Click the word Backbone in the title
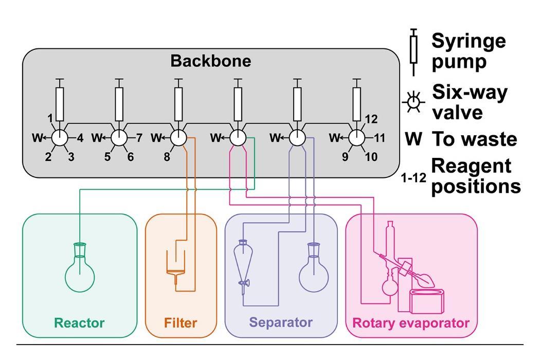[x=211, y=61]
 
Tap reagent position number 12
[x=372, y=119]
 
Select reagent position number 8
[x=167, y=157]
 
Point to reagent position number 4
[x=80, y=138]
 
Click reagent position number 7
[x=139, y=138]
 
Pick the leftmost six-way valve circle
[x=60, y=138]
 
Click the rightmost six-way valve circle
[x=356, y=138]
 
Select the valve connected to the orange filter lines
[x=178, y=138]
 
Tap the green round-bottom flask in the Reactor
[x=80, y=275]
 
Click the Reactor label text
[x=79, y=323]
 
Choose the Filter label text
[x=181, y=323]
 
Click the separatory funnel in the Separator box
[x=242, y=262]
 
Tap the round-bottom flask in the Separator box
[x=314, y=275]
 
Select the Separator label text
[x=281, y=323]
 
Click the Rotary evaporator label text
[x=410, y=323]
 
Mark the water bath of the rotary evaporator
[x=428, y=301]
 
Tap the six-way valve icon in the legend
[x=413, y=102]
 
